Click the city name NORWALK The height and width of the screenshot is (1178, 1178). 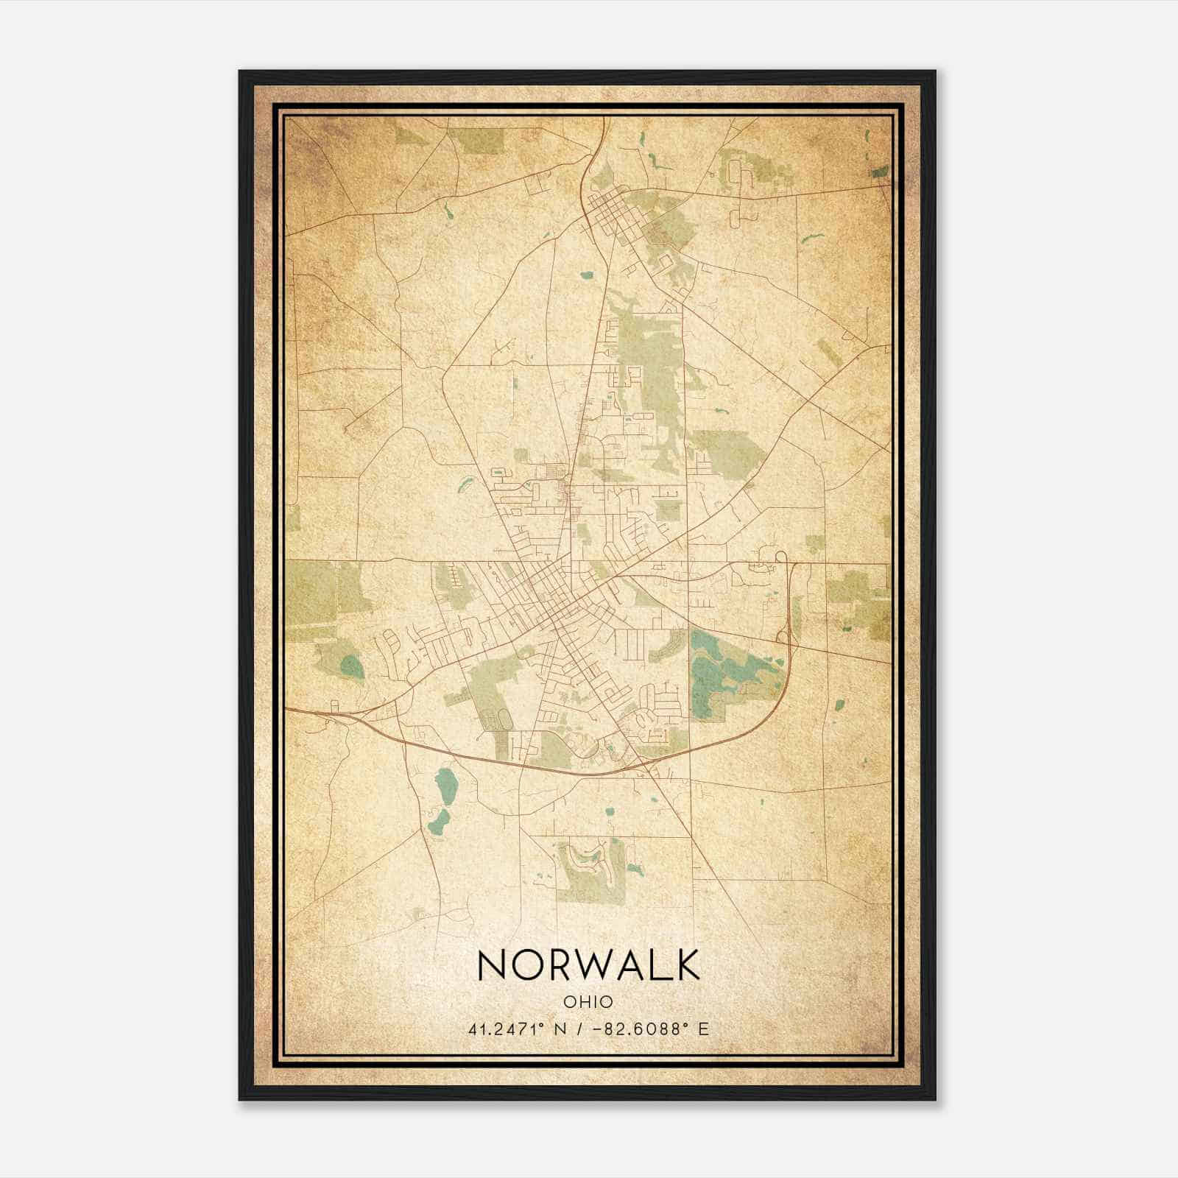click(x=588, y=964)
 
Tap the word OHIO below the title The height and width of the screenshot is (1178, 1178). click(x=588, y=1002)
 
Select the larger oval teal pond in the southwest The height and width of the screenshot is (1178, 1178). click(x=445, y=786)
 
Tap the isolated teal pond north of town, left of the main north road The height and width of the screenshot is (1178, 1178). click(x=587, y=276)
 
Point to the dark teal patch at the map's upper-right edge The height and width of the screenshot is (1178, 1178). click(x=880, y=172)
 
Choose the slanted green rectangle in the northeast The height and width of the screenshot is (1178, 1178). click(x=830, y=353)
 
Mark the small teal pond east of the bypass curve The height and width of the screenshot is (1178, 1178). click(x=839, y=704)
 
